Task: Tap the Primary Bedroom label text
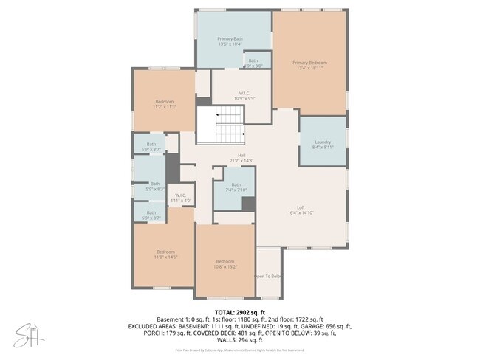(309, 66)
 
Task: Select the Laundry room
(323, 144)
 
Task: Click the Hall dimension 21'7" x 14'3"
(241, 160)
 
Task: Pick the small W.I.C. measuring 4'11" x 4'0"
(181, 198)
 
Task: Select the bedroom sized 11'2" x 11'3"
(164, 104)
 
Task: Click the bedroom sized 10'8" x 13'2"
(225, 264)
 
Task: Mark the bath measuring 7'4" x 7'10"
(236, 187)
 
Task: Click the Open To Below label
(268, 276)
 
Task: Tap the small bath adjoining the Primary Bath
(253, 63)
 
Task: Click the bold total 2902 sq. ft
(239, 313)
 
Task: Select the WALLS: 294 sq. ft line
(240, 340)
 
